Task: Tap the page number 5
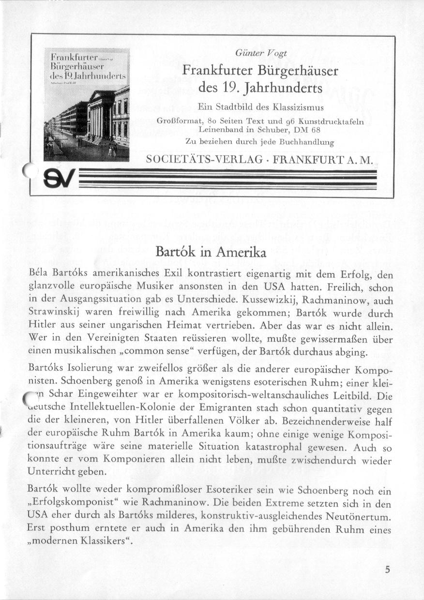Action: tap(387, 570)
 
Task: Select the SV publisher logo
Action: tap(57, 180)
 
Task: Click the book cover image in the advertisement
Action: tap(87, 105)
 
